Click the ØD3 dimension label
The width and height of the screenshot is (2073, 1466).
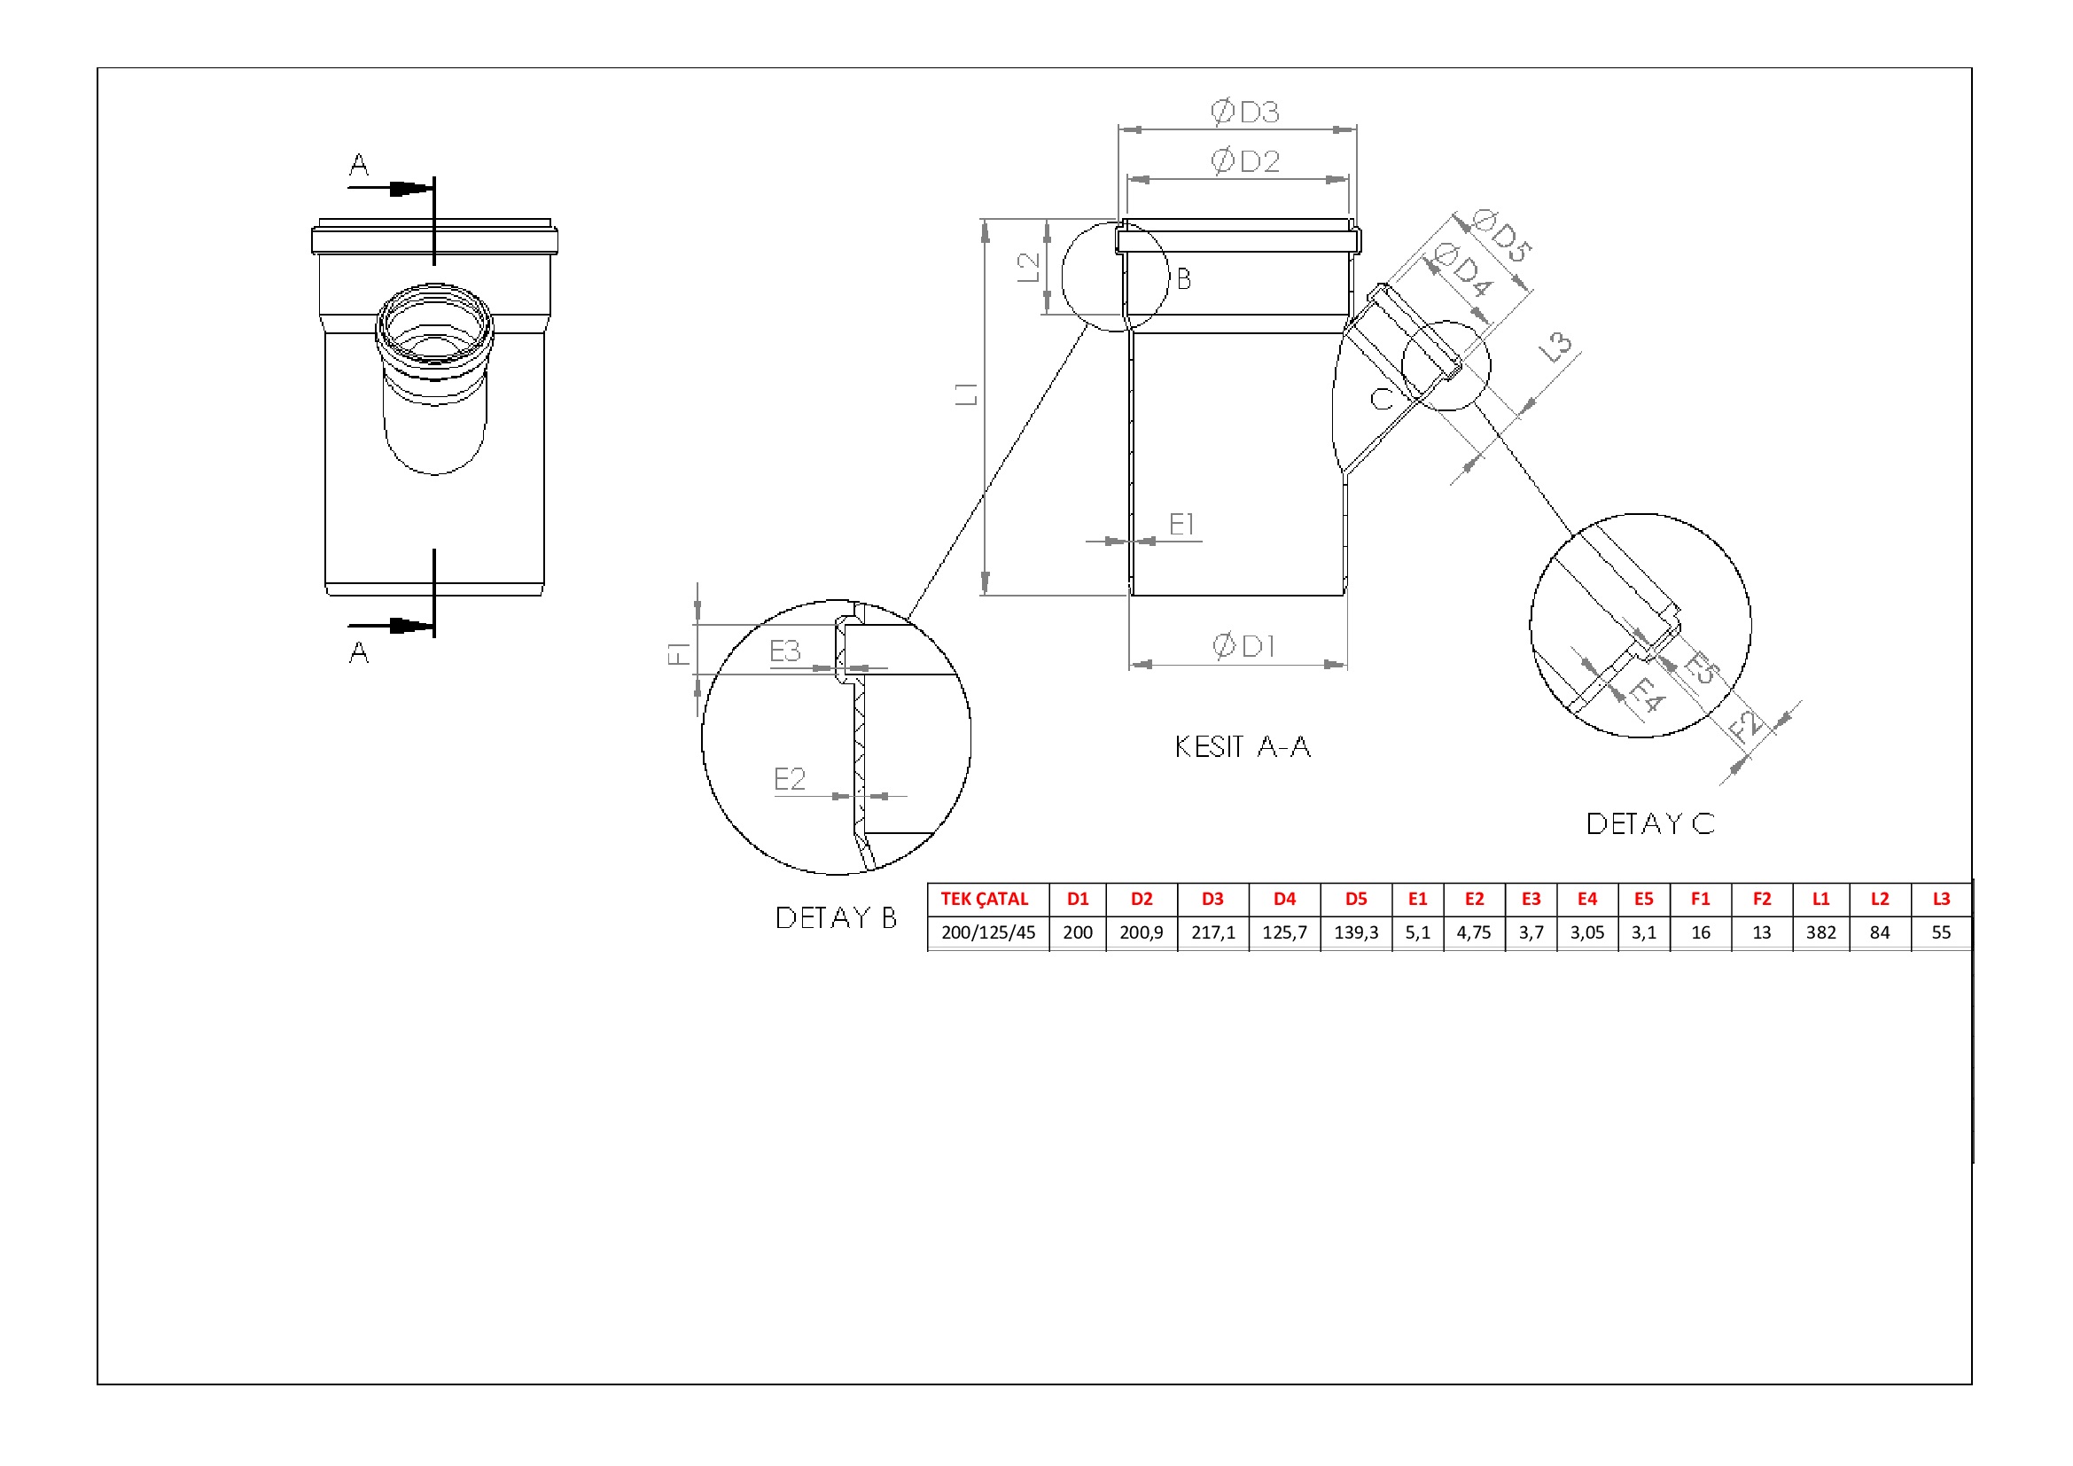coord(1245,112)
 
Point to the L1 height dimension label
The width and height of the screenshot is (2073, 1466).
coord(966,394)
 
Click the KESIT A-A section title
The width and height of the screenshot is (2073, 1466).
coord(1243,746)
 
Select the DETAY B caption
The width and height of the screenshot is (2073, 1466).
coord(836,917)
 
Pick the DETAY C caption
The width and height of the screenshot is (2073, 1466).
coord(1650,823)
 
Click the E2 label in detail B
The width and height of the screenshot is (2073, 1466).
coord(789,778)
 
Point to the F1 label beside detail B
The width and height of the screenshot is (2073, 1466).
coord(678,652)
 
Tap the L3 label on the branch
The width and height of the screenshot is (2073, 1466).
coord(1555,347)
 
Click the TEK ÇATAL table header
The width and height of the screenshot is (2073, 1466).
coord(984,899)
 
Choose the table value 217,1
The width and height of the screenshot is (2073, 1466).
coord(1212,932)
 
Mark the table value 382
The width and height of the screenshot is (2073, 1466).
coord(1820,932)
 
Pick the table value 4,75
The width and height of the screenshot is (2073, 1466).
coord(1474,932)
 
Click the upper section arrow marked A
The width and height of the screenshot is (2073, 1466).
coord(390,189)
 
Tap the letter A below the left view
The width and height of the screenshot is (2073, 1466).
coord(358,652)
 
